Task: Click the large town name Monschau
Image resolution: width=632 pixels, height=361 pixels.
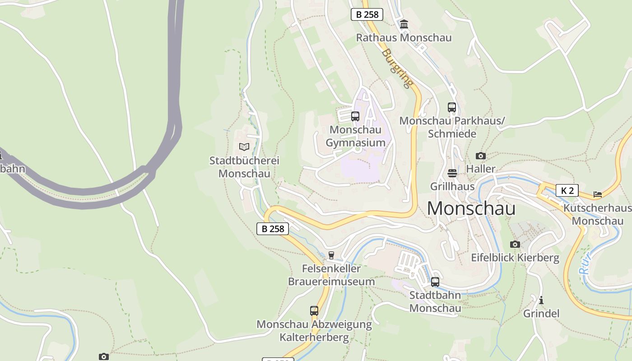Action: click(471, 208)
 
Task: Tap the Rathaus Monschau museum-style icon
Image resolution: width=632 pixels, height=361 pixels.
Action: click(404, 24)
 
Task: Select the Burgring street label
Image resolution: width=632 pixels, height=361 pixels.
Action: click(397, 68)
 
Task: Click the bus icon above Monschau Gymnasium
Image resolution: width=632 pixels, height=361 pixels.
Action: click(355, 116)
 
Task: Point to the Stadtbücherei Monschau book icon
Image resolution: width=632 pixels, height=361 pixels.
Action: click(244, 147)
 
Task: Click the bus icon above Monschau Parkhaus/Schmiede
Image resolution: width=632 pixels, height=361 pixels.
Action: click(452, 107)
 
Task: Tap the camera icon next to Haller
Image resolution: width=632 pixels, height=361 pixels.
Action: click(481, 156)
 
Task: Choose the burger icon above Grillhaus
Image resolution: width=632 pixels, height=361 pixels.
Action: click(452, 173)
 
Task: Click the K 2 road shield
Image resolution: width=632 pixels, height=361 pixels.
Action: click(567, 190)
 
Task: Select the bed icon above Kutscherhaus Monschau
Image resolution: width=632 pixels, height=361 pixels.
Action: click(598, 194)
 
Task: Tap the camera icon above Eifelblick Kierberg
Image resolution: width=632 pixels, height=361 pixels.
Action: click(515, 245)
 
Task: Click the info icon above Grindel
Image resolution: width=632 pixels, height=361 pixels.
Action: click(541, 300)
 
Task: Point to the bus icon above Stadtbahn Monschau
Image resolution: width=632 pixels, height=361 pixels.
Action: click(435, 282)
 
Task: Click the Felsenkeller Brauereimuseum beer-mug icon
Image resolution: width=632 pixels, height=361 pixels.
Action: click(331, 255)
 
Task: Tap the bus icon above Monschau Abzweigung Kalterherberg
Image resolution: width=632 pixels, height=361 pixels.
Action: click(314, 311)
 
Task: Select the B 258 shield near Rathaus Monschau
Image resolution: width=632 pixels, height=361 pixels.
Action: click(367, 14)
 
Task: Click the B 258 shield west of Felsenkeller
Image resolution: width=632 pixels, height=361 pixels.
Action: click(273, 229)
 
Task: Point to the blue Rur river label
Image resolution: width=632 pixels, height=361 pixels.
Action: click(586, 264)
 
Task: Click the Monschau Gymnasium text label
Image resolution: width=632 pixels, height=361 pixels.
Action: click(356, 136)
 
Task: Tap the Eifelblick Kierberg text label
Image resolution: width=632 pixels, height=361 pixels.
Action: click(515, 258)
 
